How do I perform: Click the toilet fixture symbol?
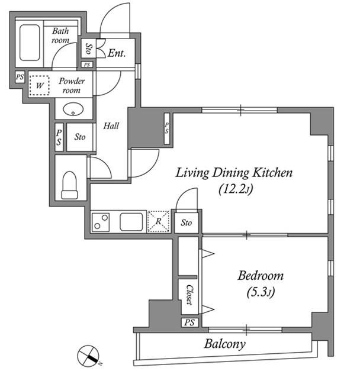[70, 185]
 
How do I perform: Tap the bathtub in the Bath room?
[30, 43]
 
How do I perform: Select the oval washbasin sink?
[73, 109]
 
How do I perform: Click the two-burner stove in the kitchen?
[101, 222]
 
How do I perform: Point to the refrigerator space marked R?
[159, 221]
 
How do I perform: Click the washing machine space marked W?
[40, 85]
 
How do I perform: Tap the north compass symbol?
[88, 356]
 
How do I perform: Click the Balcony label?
[224, 344]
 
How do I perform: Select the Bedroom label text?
[261, 276]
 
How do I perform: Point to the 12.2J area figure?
[236, 189]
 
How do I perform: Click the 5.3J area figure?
[261, 292]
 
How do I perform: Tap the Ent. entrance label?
[116, 53]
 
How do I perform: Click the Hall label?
[111, 125]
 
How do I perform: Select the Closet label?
[189, 295]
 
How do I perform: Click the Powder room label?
[72, 86]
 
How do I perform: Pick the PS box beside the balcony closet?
[189, 322]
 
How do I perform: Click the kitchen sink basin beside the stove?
[131, 222]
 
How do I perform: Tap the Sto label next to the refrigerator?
[187, 222]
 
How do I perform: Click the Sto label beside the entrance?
[89, 49]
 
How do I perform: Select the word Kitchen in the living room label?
[272, 173]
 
